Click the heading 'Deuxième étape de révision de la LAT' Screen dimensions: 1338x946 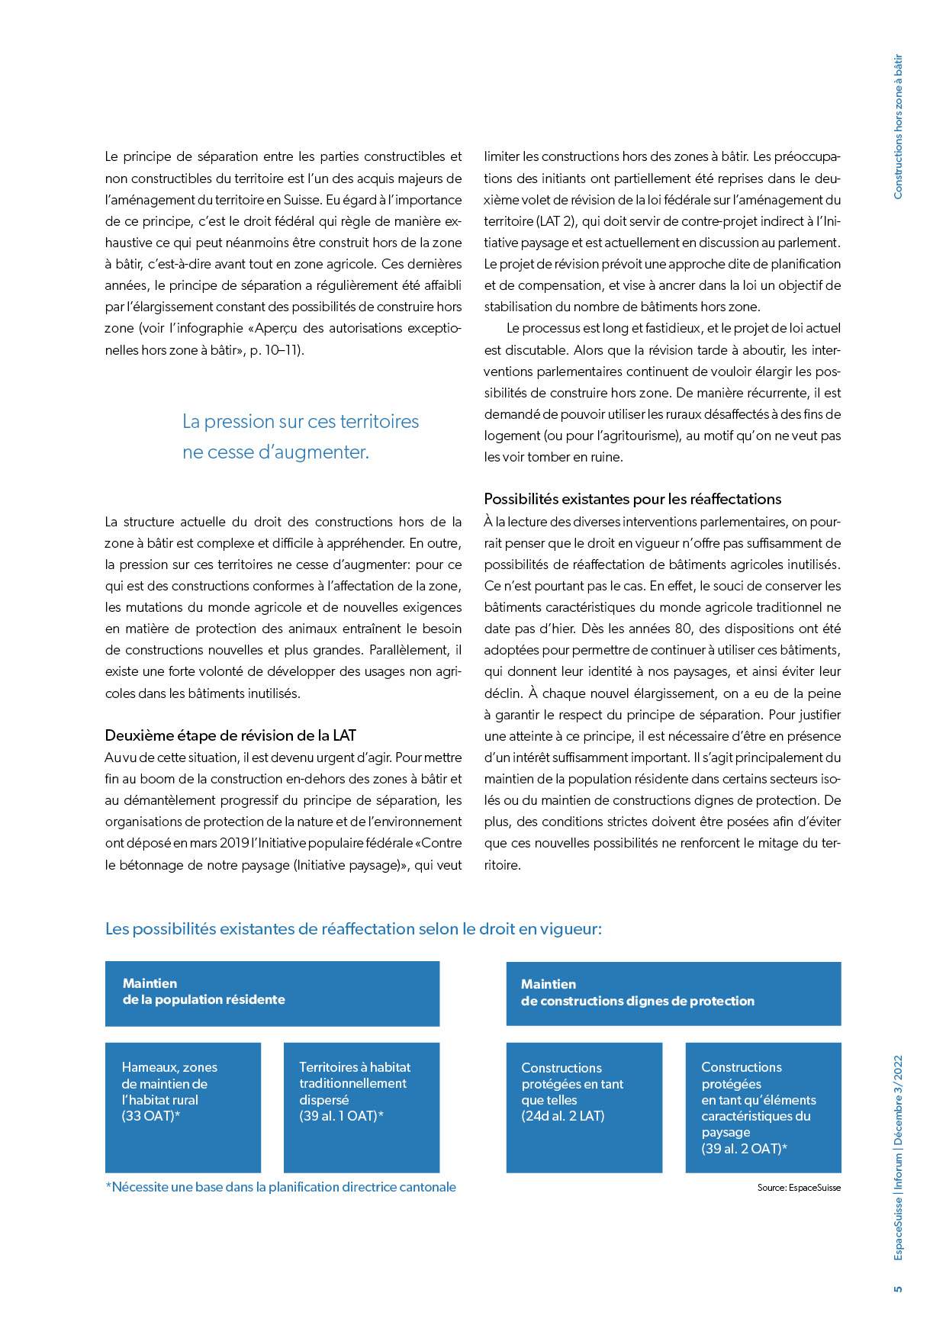230,735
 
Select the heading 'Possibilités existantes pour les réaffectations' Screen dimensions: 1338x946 632,499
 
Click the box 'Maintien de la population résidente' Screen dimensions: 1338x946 272,993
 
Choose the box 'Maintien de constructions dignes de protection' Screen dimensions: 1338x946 673,993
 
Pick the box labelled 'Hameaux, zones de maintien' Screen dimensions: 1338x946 183,1107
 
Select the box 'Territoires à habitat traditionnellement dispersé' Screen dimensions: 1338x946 362,1107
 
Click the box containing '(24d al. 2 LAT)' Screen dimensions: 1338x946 584,1107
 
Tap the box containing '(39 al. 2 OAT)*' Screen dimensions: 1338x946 763,1107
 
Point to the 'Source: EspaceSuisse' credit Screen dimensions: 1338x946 799,1188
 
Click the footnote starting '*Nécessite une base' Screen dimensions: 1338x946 281,1187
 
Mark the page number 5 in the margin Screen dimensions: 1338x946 898,1289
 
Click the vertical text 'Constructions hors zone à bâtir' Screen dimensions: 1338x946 898,127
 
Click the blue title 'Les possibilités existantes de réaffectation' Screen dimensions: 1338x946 353,929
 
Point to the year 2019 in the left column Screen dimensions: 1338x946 234,843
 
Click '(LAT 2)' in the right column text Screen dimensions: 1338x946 556,221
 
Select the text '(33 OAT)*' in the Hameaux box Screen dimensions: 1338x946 151,1116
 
